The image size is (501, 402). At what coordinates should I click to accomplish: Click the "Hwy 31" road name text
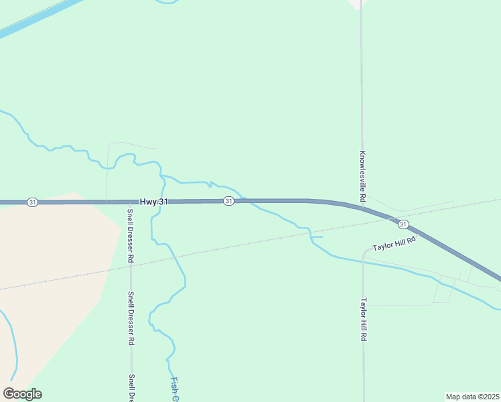coord(153,201)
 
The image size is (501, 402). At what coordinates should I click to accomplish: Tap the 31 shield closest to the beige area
coord(32,202)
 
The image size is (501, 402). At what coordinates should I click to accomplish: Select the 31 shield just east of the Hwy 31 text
coord(228,201)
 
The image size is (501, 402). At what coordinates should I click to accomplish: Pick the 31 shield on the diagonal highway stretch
coord(403,224)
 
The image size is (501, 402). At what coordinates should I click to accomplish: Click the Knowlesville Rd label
coord(362,176)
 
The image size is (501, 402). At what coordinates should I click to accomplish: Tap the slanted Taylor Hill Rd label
coord(395,243)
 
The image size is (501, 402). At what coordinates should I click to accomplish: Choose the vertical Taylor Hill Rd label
coord(364,320)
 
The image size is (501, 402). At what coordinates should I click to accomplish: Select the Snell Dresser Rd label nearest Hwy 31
coord(131,235)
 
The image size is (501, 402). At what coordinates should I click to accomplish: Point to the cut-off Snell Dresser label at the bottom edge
coord(132,387)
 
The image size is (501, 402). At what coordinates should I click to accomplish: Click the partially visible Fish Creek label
coord(174,389)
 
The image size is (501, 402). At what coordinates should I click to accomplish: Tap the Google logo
coord(22,394)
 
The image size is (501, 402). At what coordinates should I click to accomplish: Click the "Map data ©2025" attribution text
coord(473,397)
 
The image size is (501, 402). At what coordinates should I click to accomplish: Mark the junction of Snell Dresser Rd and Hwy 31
coord(130,201)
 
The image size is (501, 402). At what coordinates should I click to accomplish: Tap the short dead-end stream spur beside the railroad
coord(317,237)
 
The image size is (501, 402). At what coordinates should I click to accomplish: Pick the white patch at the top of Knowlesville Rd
coord(359,3)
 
